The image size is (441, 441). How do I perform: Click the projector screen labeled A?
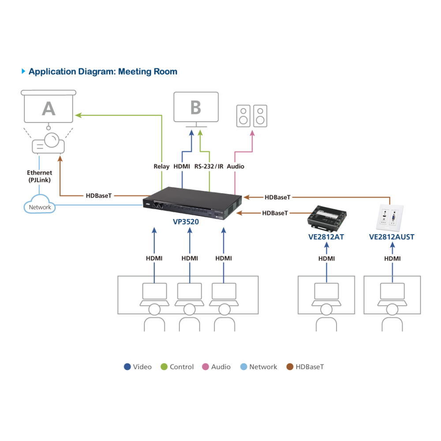(49, 106)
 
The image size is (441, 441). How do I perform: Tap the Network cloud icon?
(39, 204)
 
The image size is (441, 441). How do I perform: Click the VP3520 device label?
(186, 222)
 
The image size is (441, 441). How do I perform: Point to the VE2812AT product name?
(326, 237)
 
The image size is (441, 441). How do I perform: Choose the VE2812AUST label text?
(392, 237)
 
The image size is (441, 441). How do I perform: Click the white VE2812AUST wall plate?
(389, 218)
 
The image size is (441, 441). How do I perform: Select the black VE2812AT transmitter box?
(327, 217)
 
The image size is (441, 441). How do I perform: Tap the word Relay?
(161, 167)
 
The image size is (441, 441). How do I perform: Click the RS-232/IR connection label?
(209, 167)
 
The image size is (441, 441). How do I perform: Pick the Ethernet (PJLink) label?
(39, 176)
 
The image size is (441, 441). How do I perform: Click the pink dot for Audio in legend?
(206, 367)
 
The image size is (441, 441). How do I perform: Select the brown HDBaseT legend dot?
(290, 367)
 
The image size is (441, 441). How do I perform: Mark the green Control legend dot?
(164, 367)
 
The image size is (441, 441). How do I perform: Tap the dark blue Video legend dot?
(127, 367)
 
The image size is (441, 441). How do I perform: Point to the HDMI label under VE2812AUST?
(392, 258)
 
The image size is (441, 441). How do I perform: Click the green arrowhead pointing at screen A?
(78, 115)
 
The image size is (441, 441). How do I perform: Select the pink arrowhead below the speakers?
(252, 133)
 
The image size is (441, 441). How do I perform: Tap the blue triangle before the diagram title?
(23, 71)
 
